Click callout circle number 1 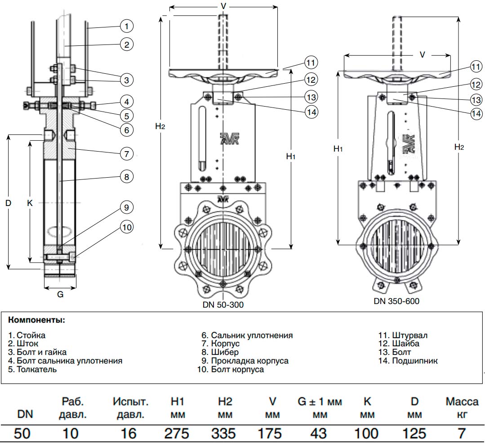127,27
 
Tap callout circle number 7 127,153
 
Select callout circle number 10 127,227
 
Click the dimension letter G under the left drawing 60,295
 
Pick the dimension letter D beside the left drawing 8,203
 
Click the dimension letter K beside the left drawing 30,203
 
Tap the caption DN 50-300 223,305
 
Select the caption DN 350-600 396,301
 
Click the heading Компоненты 36,321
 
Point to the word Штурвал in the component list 409,336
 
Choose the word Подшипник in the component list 415,361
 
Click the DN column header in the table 25,414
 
